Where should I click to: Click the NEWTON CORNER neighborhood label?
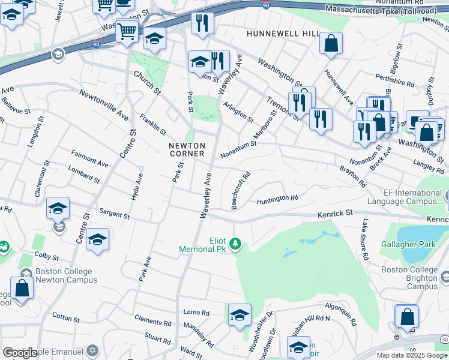pos(187,149)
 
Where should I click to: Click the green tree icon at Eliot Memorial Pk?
pos(237,243)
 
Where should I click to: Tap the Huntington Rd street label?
pos(278,199)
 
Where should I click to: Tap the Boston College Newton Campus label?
pos(66,275)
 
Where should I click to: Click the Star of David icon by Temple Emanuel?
pos(92,350)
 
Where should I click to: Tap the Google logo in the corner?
pos(19,352)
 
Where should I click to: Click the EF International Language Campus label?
pos(412,197)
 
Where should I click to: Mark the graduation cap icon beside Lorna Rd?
pos(240,315)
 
